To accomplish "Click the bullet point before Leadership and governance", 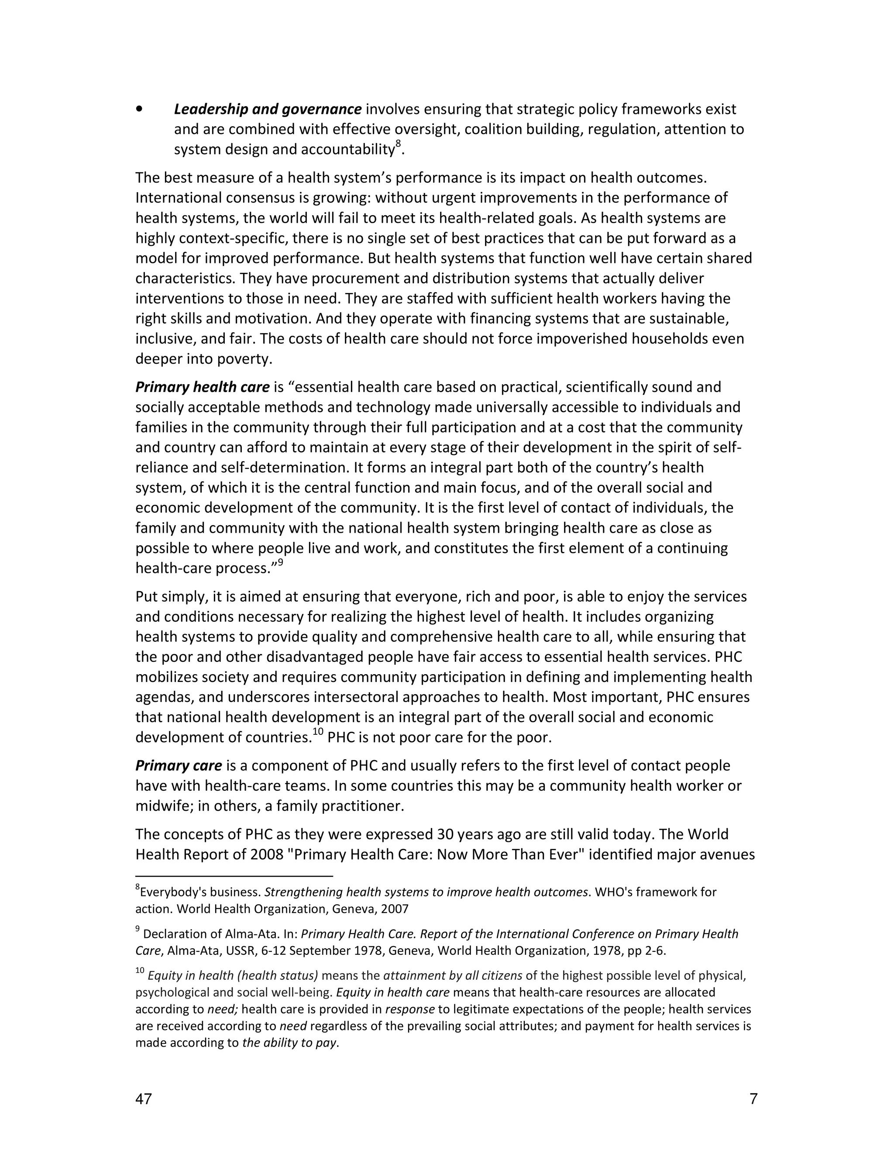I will coord(139,110).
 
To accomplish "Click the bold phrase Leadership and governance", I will coord(268,110).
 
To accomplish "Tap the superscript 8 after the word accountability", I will coord(398,144).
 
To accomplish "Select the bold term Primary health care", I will coord(202,387).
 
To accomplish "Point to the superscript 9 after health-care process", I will coord(281,564).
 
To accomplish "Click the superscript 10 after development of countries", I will coord(317,733).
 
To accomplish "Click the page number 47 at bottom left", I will coord(144,1099).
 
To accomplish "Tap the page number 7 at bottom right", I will coord(753,1099).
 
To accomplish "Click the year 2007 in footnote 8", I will coord(395,909).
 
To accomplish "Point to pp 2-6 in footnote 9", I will coord(646,950).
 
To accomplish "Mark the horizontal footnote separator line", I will coord(234,876).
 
